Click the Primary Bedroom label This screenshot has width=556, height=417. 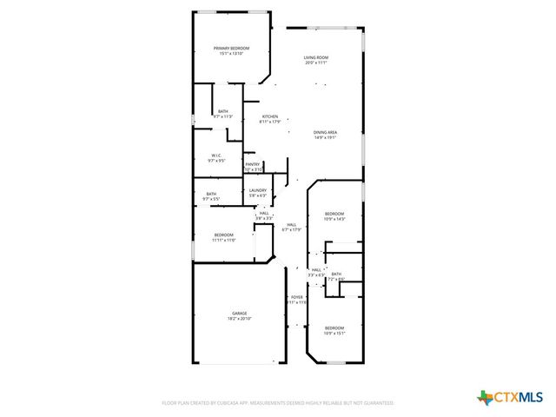[x=228, y=48]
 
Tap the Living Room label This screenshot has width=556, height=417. [x=315, y=58]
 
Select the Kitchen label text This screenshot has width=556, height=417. [x=270, y=116]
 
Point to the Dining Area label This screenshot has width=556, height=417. [x=325, y=132]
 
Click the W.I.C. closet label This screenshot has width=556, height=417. [x=216, y=156]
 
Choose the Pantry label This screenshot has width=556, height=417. [x=252, y=164]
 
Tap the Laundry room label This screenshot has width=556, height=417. [x=257, y=191]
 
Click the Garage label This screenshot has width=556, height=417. [x=239, y=314]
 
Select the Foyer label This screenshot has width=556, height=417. [x=296, y=297]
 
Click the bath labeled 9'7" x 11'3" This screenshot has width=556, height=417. [x=223, y=111]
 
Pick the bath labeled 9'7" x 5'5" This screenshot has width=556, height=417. [x=211, y=194]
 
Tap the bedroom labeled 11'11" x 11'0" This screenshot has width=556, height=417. [x=224, y=235]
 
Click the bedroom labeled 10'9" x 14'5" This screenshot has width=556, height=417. [x=334, y=214]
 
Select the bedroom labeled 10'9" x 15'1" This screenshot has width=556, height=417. [x=334, y=328]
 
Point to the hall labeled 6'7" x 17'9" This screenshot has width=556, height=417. [x=292, y=225]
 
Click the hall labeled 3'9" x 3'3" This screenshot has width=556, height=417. [x=263, y=213]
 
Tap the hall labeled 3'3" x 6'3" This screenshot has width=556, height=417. [x=316, y=270]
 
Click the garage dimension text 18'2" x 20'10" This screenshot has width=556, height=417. [x=239, y=319]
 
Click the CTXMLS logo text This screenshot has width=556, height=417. [x=519, y=397]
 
